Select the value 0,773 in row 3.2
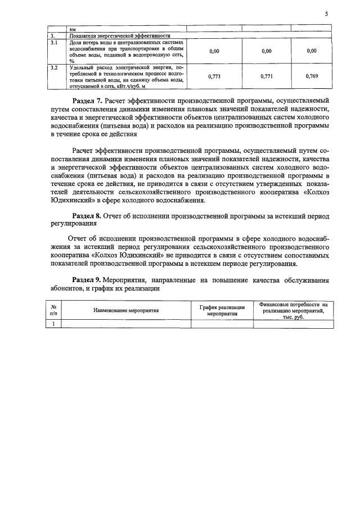(x=214, y=76)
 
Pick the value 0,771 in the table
(x=267, y=76)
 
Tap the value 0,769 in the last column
(x=312, y=76)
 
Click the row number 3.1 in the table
(x=54, y=42)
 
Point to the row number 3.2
(x=54, y=67)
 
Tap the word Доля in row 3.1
(x=75, y=42)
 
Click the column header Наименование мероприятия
(x=126, y=310)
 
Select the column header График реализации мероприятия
(x=222, y=310)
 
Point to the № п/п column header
(x=53, y=310)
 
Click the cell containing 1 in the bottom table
(x=53, y=323)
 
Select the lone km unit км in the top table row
(x=73, y=29)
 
